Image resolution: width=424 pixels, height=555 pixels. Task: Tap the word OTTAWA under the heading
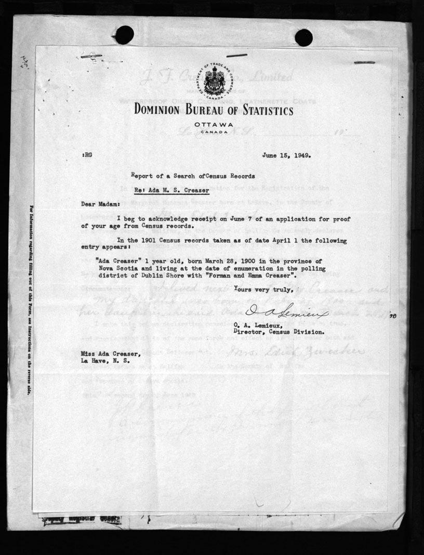pos(212,125)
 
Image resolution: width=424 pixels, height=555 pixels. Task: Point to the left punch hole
pos(124,35)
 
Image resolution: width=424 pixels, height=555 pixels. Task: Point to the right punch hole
pos(303,37)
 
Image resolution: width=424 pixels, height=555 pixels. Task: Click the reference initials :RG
pos(87,155)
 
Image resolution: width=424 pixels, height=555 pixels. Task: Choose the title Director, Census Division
pos(280,331)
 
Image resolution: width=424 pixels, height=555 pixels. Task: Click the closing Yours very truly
pos(264,289)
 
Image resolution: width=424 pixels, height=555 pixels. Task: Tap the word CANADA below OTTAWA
pos(212,132)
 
